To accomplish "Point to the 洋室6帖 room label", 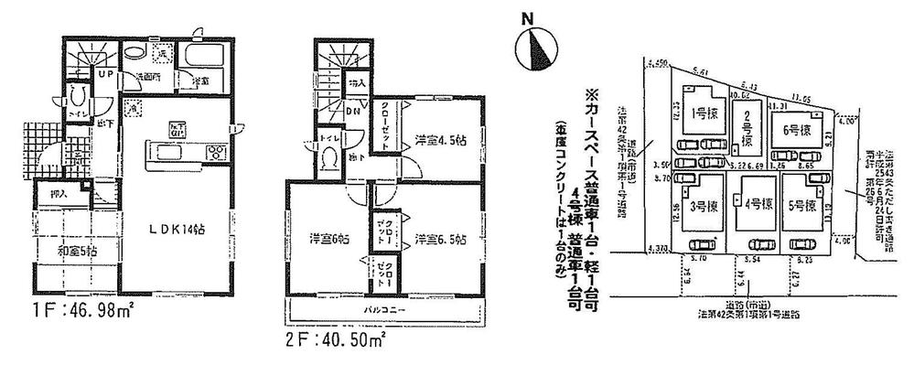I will (x=325, y=240).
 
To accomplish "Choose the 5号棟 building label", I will (x=806, y=205).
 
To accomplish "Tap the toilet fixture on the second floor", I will (x=327, y=158).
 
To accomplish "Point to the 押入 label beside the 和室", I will (x=57, y=195).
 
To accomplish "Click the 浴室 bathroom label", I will (x=199, y=81).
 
